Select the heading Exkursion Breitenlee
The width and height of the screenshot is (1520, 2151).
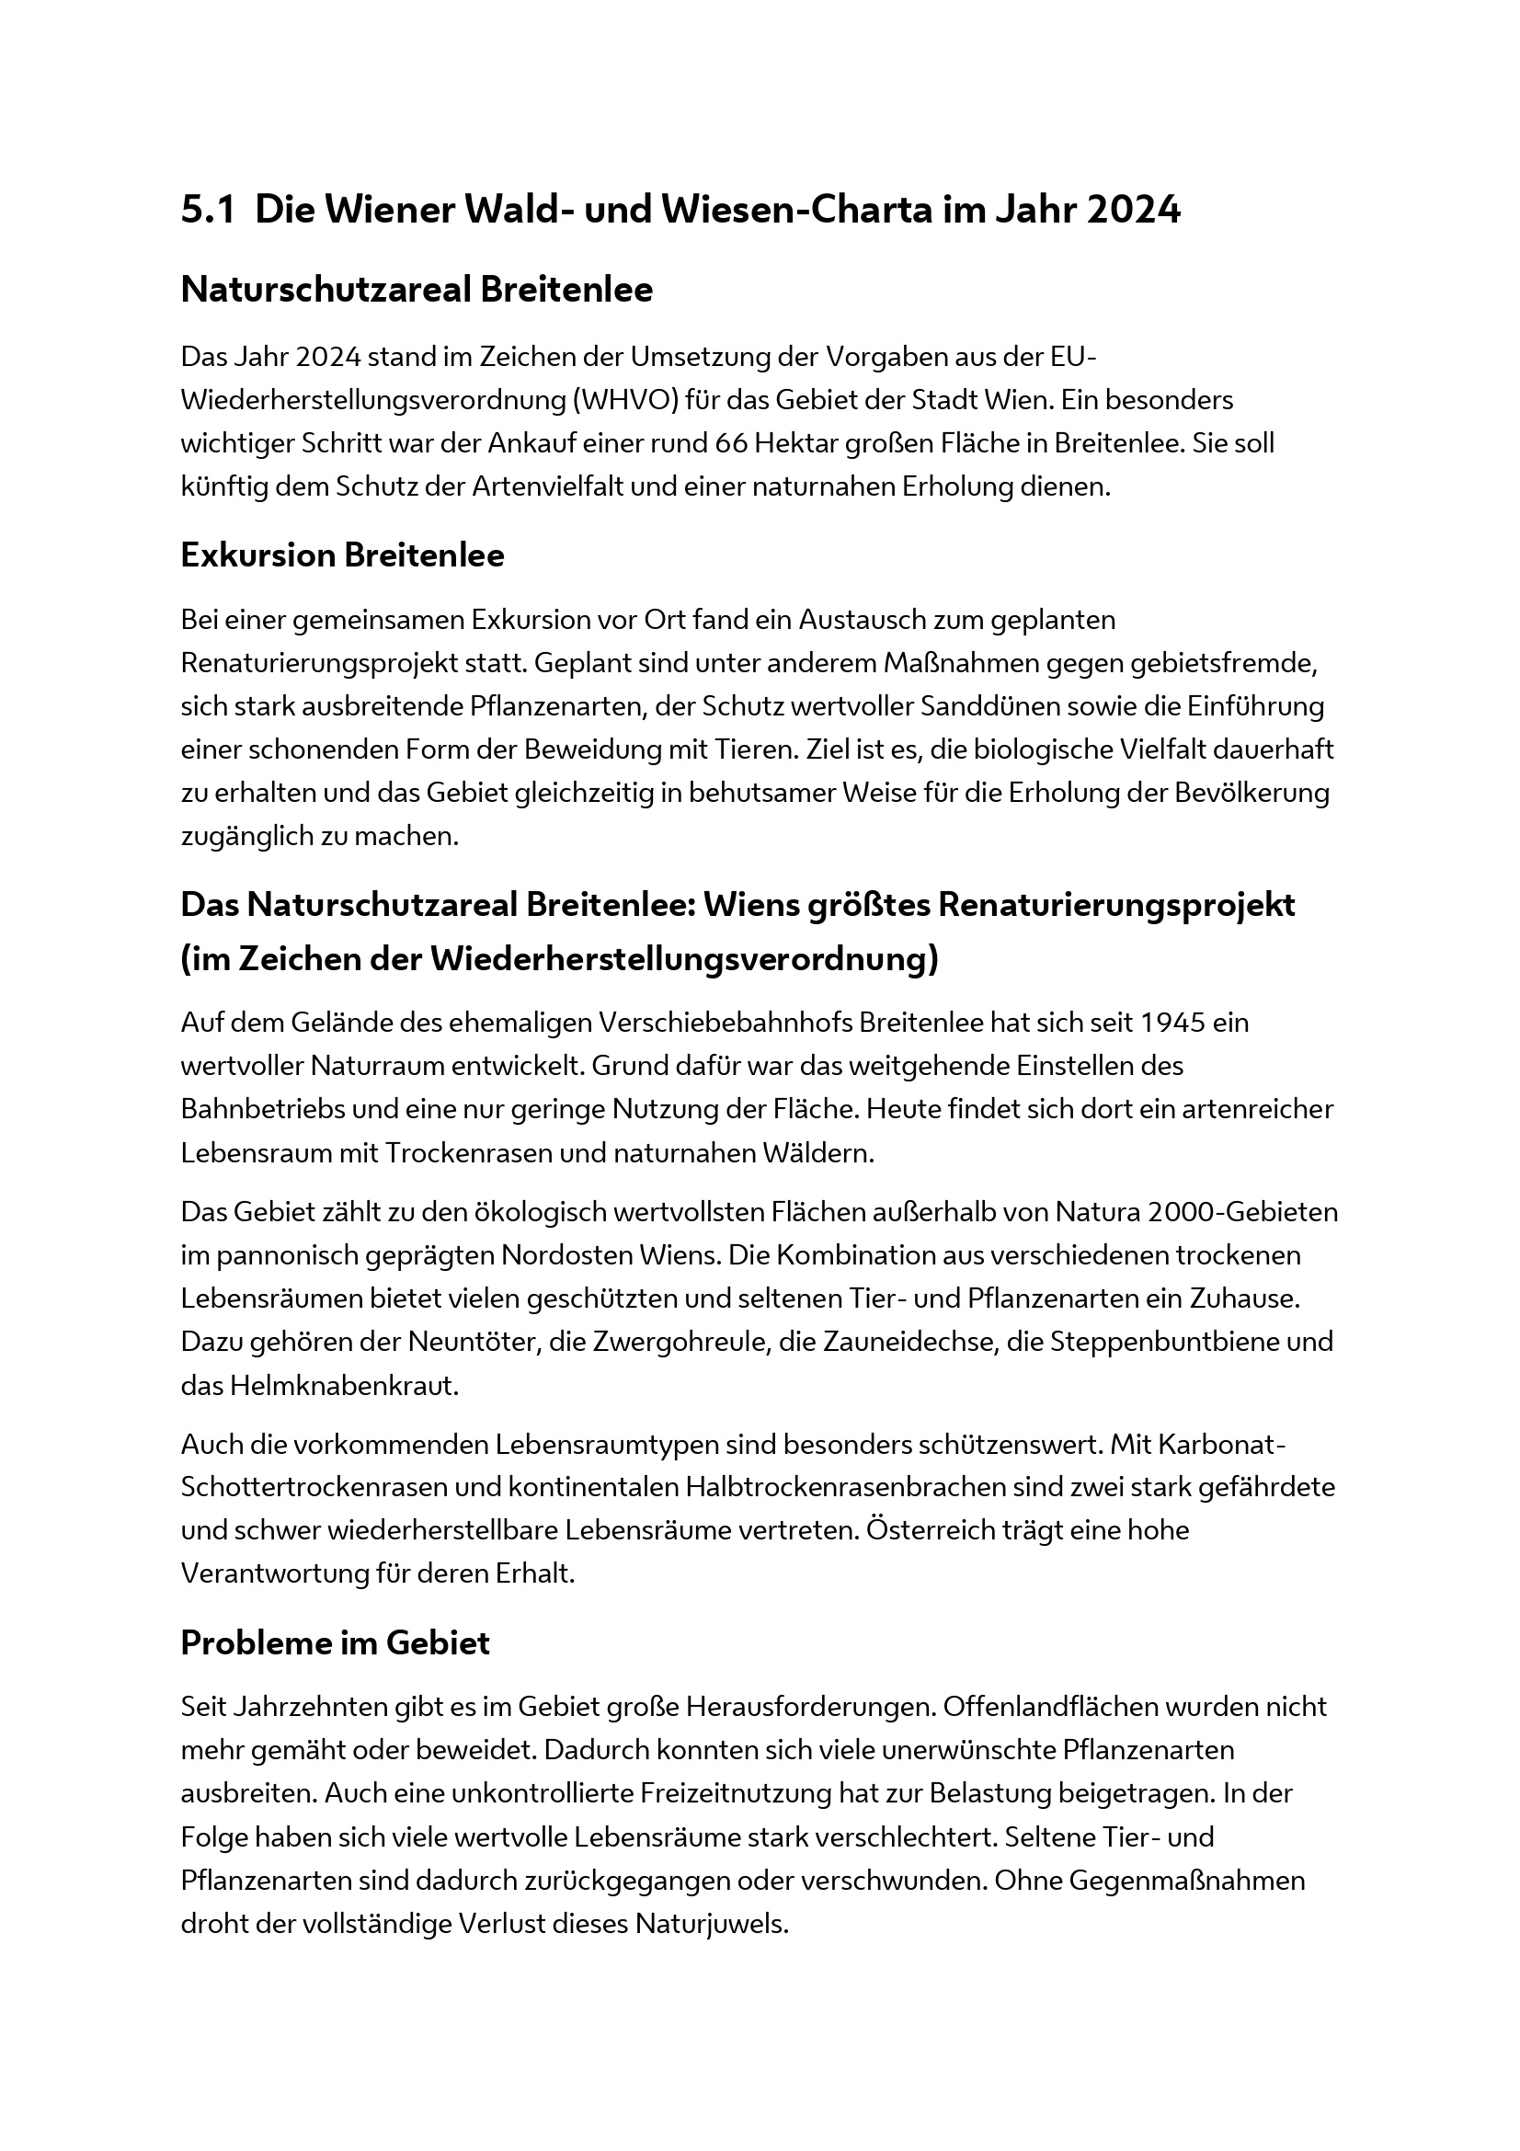[x=342, y=555]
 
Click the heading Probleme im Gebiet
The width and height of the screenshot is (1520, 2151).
[x=335, y=1643]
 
